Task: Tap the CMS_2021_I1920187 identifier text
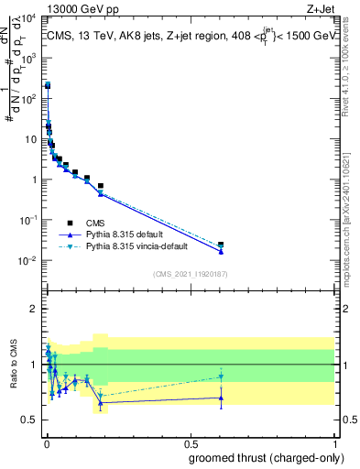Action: click(190, 274)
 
